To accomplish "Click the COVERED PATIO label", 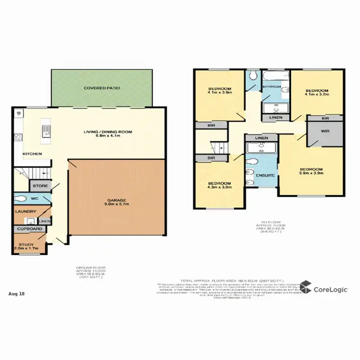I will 102,88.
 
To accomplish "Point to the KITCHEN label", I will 32,154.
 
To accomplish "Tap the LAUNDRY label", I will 25,211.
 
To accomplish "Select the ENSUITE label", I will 265,175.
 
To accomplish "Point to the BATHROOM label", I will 272,87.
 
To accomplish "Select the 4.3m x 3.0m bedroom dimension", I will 220,189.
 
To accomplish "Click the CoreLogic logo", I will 325,289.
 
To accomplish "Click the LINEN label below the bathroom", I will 276,118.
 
